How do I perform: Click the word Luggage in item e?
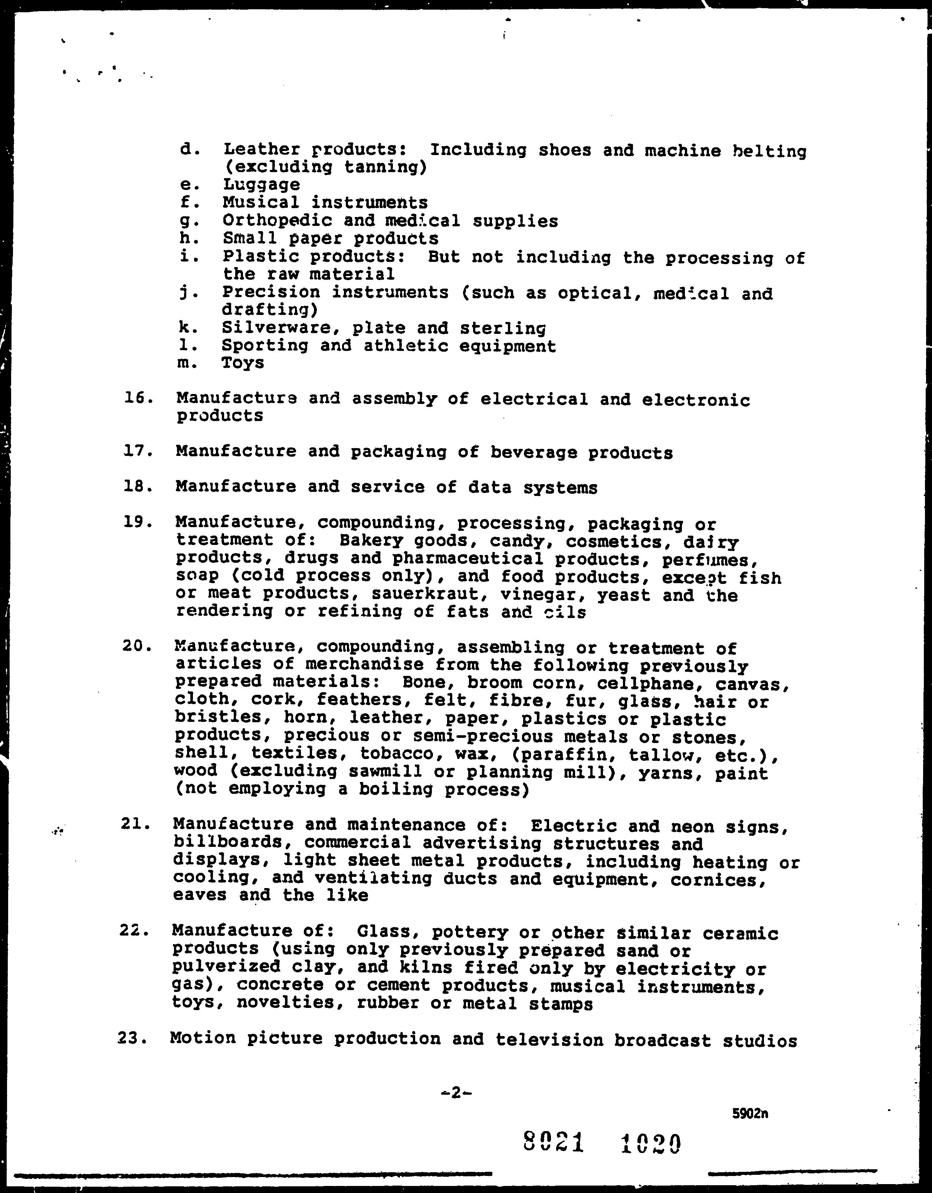[x=261, y=185]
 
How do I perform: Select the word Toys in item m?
[x=243, y=363]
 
